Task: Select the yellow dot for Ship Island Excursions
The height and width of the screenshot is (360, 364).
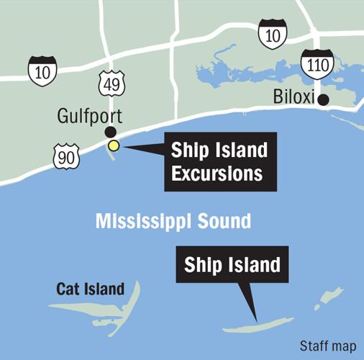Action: pos(114,146)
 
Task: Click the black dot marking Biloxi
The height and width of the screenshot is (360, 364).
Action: pos(324,100)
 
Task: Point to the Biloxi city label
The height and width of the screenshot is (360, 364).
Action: pos(295,97)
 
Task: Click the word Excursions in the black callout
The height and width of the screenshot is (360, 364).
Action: pos(216,174)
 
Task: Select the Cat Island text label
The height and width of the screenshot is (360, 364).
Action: pos(91,289)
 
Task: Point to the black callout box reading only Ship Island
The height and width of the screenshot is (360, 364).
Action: pos(232,266)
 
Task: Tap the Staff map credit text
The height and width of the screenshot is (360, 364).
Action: pos(328,346)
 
